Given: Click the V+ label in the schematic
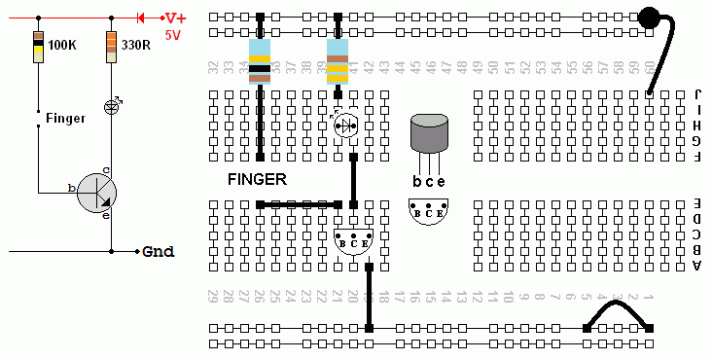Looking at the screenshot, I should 174,18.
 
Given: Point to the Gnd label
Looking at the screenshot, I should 158,251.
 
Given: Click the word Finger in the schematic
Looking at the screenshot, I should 65,118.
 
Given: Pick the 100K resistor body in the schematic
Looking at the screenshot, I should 38,47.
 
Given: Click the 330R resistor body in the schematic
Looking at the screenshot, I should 112,47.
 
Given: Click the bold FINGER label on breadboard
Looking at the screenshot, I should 257,179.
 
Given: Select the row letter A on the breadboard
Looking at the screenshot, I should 698,265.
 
